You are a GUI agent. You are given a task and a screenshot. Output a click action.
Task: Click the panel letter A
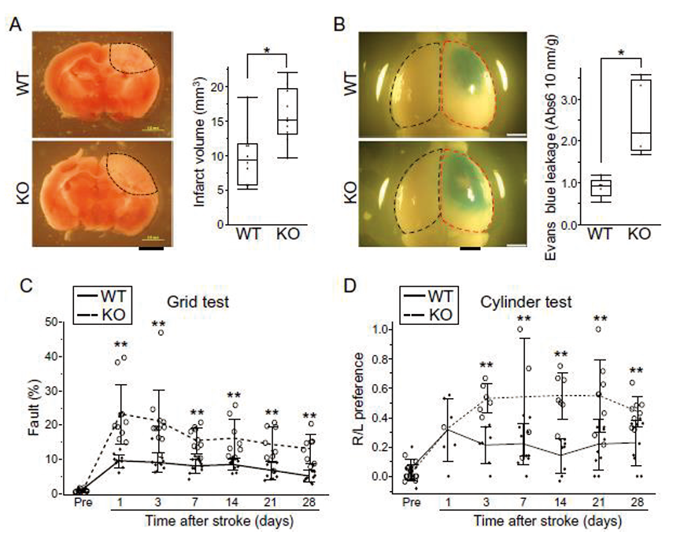(14, 23)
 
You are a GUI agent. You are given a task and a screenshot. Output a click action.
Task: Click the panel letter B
(340, 23)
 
